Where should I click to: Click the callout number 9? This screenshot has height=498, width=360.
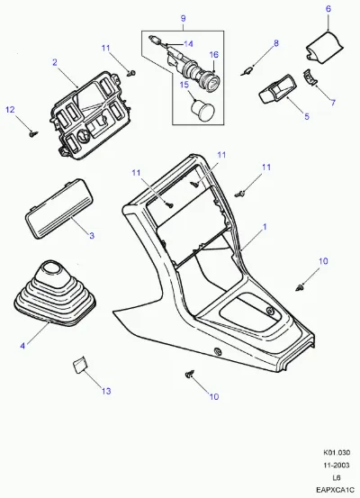[184, 18]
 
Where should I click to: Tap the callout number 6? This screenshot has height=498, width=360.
[328, 9]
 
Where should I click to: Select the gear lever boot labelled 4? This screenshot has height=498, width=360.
[54, 294]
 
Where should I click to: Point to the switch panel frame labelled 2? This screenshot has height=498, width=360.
[90, 115]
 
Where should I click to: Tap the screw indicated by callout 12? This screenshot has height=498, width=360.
[33, 134]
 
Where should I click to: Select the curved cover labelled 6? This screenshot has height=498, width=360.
[324, 47]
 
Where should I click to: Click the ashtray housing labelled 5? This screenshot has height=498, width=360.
[277, 89]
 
